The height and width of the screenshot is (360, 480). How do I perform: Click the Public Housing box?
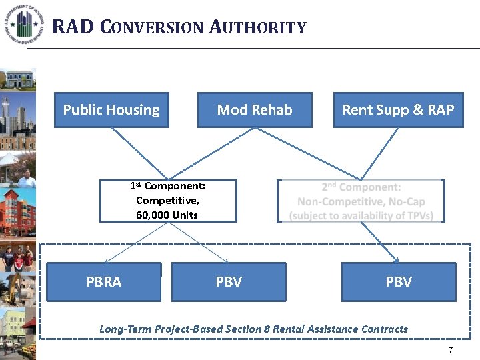pos(111,110)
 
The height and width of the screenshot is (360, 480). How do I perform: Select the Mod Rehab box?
pos(255,110)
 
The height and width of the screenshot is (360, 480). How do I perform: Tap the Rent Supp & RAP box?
pos(398,110)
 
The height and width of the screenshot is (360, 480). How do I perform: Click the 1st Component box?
pos(168,201)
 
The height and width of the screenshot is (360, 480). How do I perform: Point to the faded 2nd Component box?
pos(361,201)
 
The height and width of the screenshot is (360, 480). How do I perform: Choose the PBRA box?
pos(104,282)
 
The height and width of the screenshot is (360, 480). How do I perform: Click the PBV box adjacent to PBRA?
pos(229,282)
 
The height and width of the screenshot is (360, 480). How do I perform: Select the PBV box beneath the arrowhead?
pos(399,282)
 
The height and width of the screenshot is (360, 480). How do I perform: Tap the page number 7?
pos(451,351)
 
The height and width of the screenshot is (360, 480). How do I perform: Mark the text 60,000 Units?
pos(167,215)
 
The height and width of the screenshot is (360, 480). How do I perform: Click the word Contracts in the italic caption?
pos(384,329)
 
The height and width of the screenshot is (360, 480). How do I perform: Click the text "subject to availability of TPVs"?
pos(361,215)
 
